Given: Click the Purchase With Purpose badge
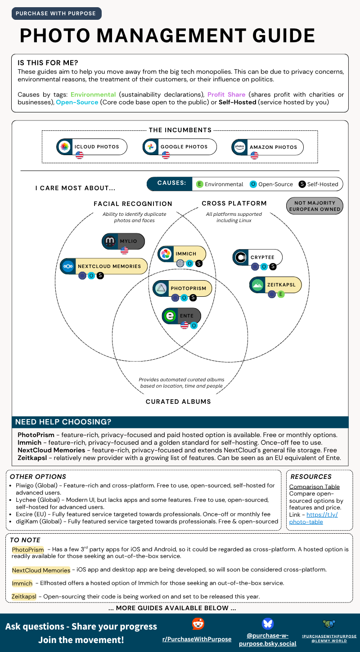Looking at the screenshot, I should [x=56, y=13].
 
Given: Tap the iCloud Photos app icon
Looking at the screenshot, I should [x=65, y=147].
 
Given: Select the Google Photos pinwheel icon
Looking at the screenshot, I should [x=151, y=147].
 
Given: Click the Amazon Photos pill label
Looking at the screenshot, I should [x=267, y=147].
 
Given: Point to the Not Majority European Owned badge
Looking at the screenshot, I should [x=315, y=206].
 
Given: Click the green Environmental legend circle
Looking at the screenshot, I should [x=199, y=184].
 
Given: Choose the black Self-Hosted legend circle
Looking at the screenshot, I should [x=302, y=184].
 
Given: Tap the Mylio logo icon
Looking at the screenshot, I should [x=110, y=241].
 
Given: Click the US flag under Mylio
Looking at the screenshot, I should [x=124, y=250].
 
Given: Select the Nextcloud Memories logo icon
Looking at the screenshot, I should [x=68, y=266].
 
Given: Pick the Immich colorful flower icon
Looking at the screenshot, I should [x=166, y=254].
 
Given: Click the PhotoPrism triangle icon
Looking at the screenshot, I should [x=161, y=288].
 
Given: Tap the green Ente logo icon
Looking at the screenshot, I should [x=170, y=316].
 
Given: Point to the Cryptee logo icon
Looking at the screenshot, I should [x=241, y=257].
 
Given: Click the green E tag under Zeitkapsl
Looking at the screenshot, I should [x=281, y=295].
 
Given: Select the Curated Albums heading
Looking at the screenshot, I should [x=178, y=402].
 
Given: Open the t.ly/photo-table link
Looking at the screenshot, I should [x=313, y=518].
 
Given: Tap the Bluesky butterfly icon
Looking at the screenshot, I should [x=268, y=623].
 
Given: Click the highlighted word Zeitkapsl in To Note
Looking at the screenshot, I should [x=24, y=597].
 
